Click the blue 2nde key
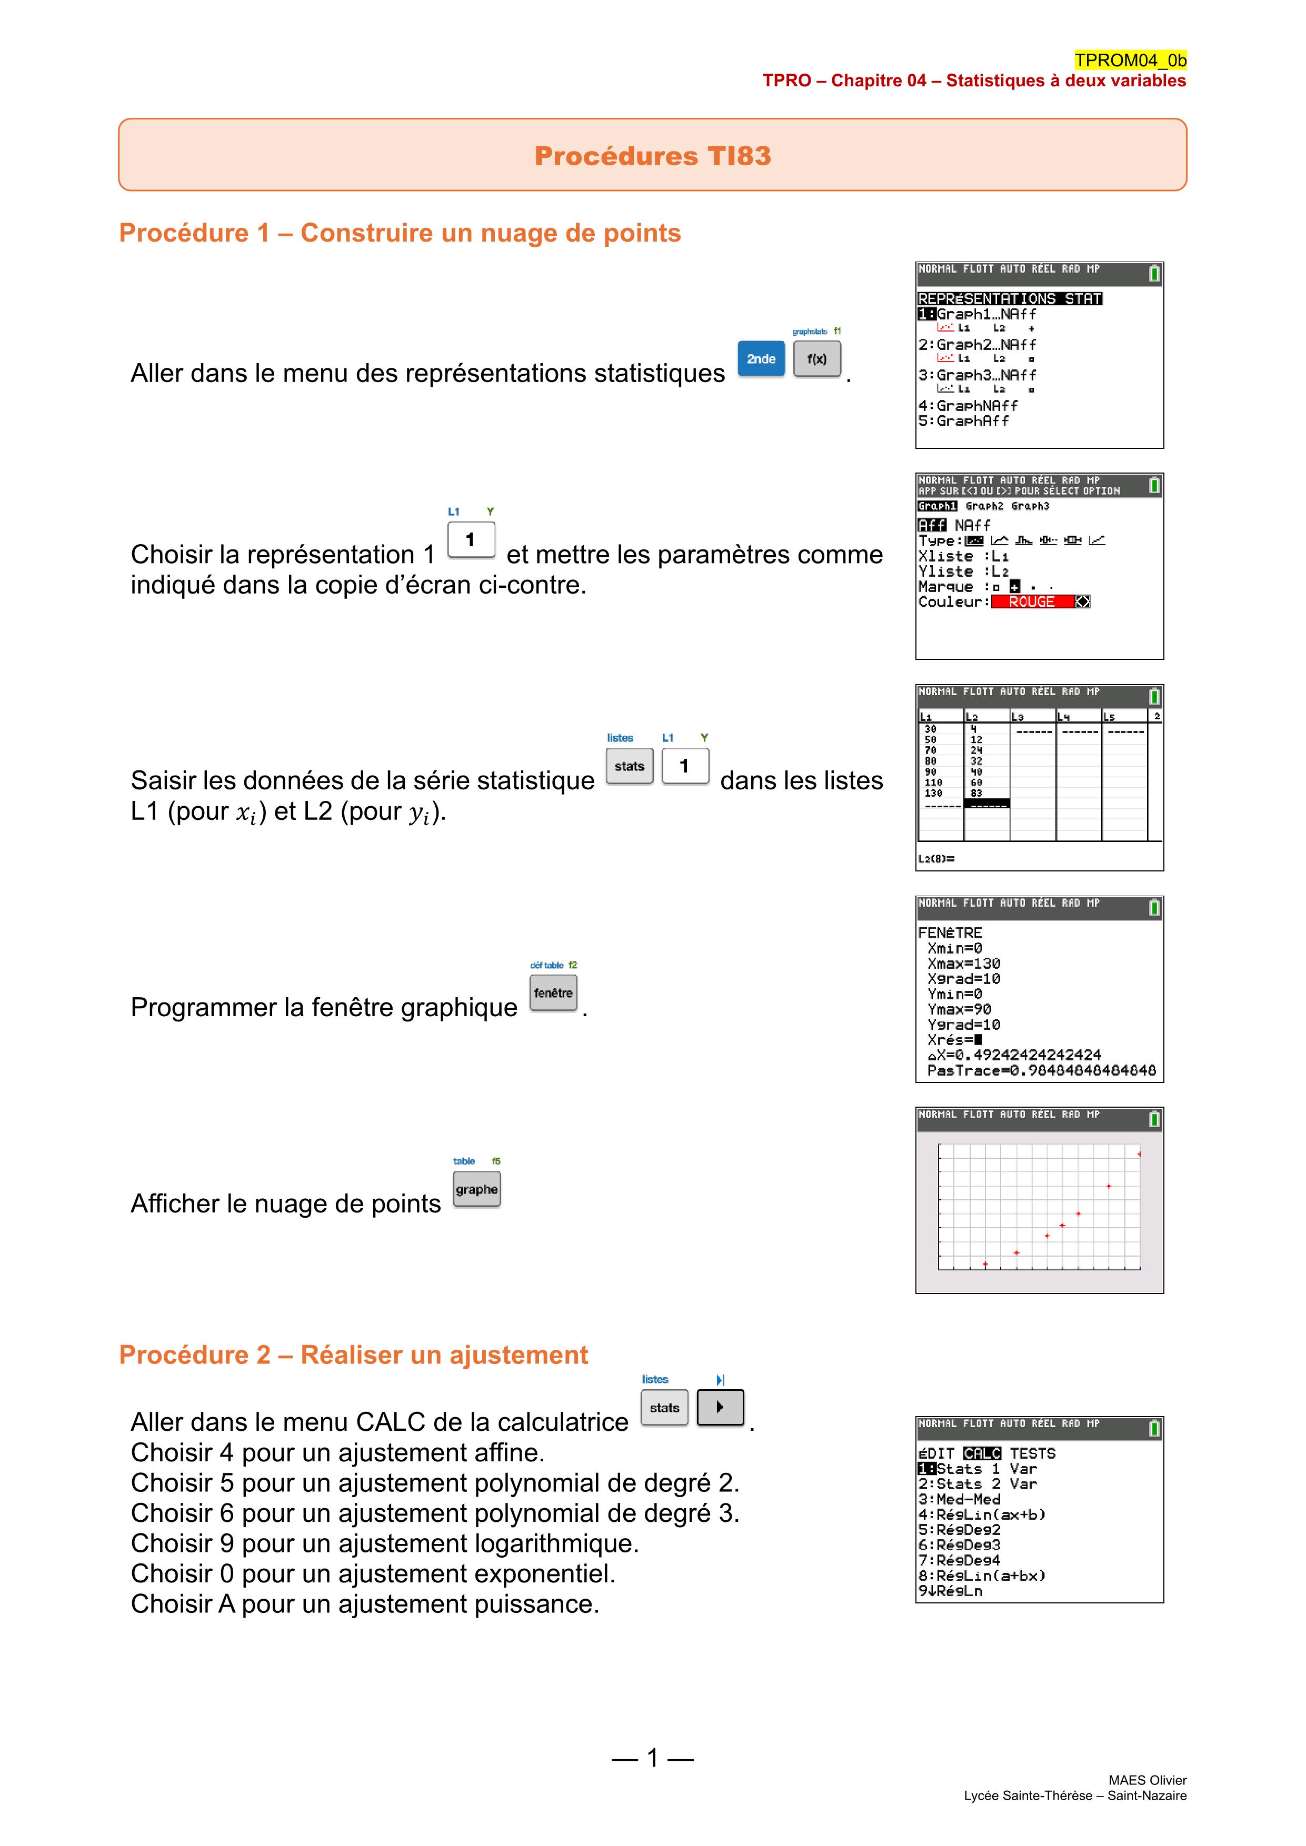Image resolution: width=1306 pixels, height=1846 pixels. click(x=761, y=358)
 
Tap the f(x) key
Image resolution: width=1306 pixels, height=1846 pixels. click(x=816, y=358)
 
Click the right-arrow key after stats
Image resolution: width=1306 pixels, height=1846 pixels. click(x=720, y=1407)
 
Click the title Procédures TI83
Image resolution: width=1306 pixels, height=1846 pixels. click(x=652, y=155)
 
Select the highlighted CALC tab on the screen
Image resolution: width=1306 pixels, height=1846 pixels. click(x=982, y=1453)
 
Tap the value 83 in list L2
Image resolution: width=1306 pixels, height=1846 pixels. click(x=976, y=792)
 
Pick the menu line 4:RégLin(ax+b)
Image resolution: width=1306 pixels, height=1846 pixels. click(x=982, y=1514)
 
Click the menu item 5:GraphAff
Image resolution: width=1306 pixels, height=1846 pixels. click(x=963, y=420)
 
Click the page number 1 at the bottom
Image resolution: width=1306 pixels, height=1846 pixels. click(x=652, y=1758)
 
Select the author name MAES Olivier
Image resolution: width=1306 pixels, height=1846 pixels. click(x=1147, y=1780)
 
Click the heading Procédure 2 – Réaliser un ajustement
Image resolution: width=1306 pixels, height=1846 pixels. click(x=353, y=1355)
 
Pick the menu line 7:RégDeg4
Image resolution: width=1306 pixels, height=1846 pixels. click(x=960, y=1560)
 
